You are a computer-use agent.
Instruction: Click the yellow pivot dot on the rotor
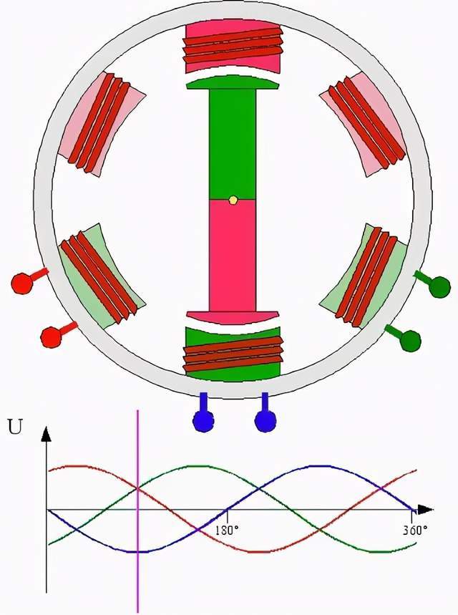point(233,200)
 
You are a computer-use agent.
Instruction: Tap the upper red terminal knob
point(21,282)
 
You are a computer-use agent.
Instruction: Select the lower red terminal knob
point(51,335)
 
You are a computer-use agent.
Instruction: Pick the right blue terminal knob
point(265,421)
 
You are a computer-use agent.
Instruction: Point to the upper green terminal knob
point(439,286)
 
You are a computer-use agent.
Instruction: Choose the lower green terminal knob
point(410,339)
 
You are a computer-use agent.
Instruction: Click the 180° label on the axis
point(226,531)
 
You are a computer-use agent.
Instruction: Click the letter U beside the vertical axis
point(14,428)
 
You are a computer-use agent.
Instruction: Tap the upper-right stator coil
point(365,122)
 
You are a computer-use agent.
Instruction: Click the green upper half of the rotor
point(233,143)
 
